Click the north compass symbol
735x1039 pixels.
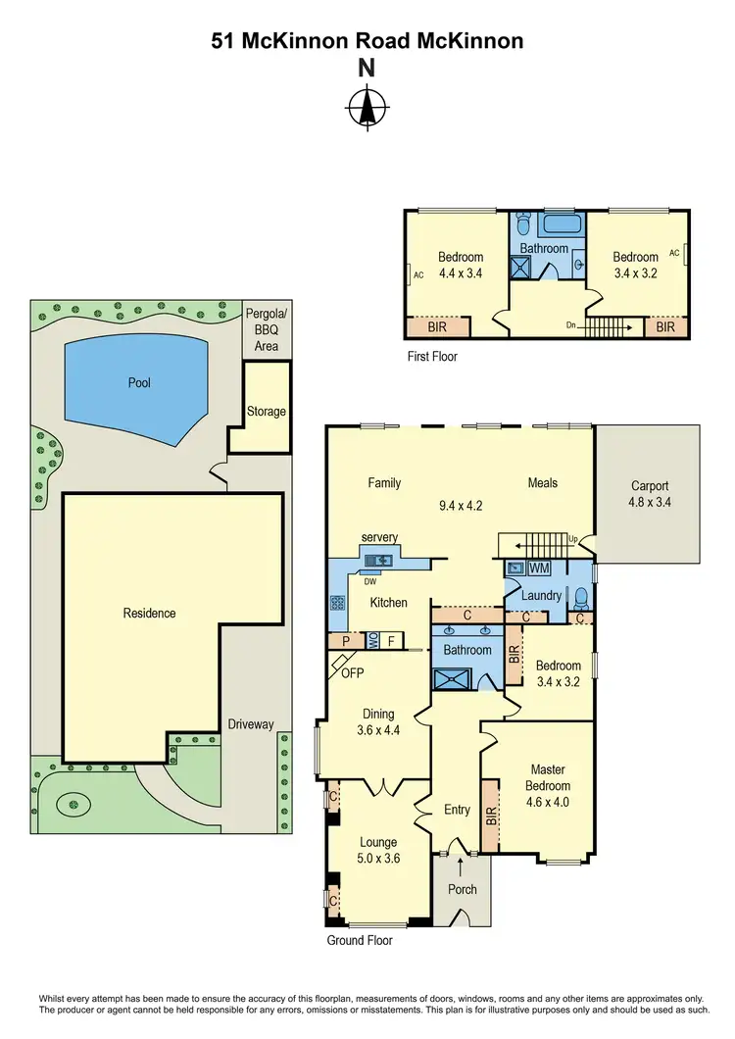tap(367, 108)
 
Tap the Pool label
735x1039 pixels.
tap(139, 382)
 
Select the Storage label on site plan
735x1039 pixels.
tap(267, 411)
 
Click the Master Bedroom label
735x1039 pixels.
tap(550, 785)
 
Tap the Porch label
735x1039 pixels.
tap(462, 889)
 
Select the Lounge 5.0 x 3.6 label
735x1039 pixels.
tap(378, 850)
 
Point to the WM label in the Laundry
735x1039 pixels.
tap(539, 568)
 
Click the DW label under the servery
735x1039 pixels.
tap(370, 580)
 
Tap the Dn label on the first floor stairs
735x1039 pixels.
tap(571, 325)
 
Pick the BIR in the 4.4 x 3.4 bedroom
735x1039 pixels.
tap(438, 326)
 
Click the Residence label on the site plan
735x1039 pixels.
tap(149, 613)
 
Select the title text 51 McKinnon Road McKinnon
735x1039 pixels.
tap(367, 41)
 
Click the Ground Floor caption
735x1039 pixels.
tap(360, 940)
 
